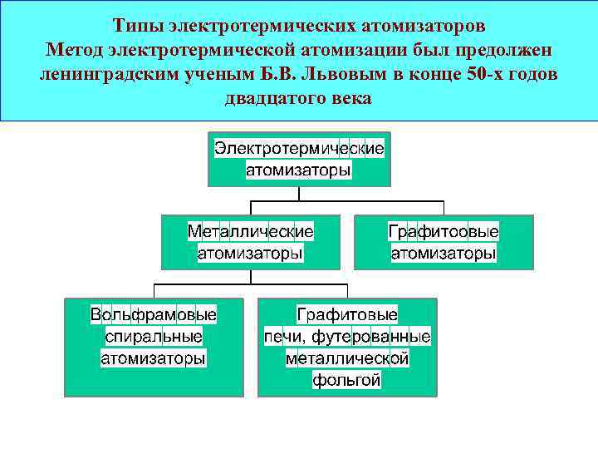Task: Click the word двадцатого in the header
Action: [x=277, y=98]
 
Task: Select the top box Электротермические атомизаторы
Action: [x=299, y=159]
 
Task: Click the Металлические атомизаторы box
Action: [x=250, y=242]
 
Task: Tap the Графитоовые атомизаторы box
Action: [x=444, y=242]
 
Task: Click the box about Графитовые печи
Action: [x=347, y=348]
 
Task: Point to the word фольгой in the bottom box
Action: [x=347, y=381]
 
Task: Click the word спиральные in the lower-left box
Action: [x=154, y=337]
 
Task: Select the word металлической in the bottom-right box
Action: [x=347, y=359]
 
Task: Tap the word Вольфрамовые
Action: [x=154, y=315]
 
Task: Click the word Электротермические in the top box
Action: [x=299, y=149]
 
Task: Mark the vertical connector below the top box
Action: [x=299, y=194]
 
